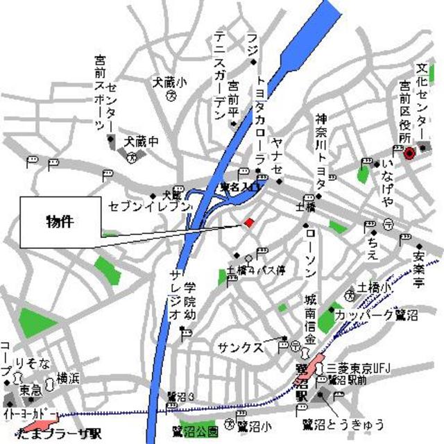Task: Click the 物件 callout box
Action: (x=60, y=222)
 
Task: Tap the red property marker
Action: (x=249, y=222)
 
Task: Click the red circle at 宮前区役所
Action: (x=409, y=153)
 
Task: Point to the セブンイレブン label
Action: (x=148, y=206)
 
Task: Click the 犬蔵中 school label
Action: (x=141, y=141)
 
